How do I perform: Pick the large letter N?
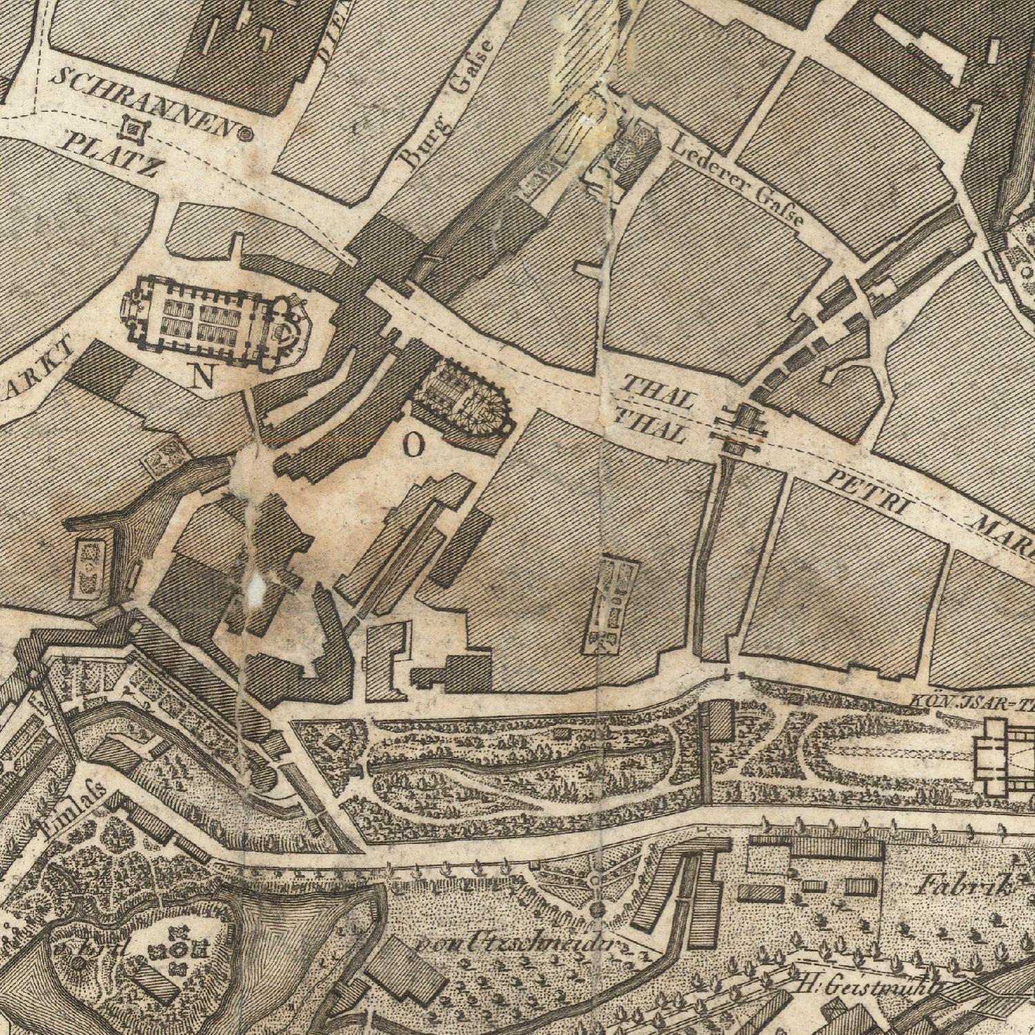tap(203, 377)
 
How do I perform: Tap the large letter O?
tap(412, 447)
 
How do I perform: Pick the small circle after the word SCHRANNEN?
tap(246, 134)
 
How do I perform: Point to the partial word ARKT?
tap(38, 369)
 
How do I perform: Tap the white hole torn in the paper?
tap(257, 585)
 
